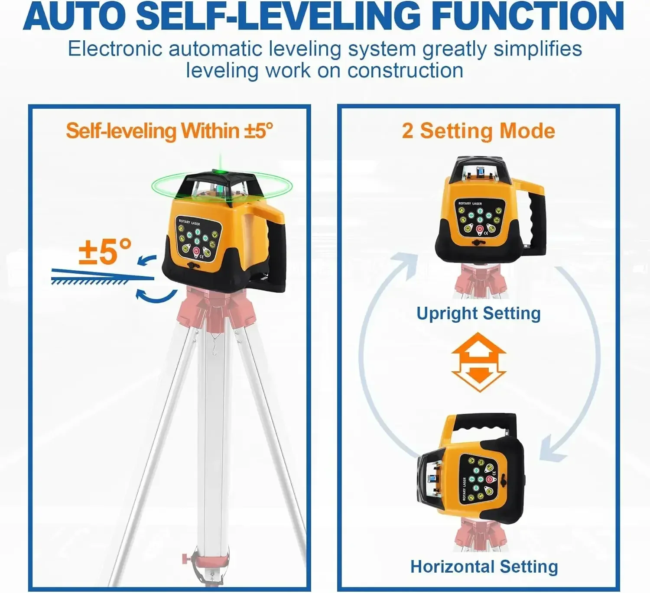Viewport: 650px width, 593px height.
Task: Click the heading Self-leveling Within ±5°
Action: (169, 131)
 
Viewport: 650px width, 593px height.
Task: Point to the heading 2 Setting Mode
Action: (478, 131)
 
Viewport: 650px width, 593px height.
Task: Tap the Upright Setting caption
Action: (478, 313)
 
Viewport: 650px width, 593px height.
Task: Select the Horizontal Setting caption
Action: (484, 567)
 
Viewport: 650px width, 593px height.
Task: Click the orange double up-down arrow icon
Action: (478, 362)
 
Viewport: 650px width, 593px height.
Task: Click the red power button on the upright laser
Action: (480, 229)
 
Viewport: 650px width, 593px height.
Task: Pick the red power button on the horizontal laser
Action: (490, 479)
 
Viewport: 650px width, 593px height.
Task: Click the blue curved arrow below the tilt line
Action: (156, 296)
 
